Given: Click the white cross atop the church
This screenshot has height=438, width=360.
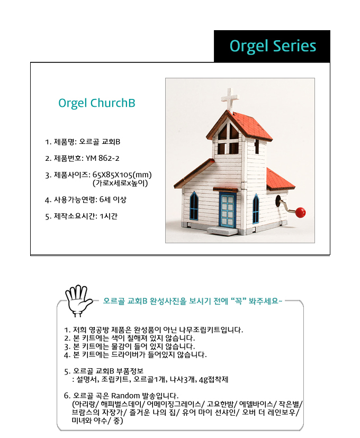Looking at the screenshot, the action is coord(230,99).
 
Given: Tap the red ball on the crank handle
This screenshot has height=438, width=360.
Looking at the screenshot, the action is coord(300,212).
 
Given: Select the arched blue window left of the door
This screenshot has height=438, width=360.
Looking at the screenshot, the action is coord(194,206).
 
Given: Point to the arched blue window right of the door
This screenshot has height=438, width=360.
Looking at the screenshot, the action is coord(256,208).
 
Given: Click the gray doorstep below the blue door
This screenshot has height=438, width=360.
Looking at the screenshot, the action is coord(222,231).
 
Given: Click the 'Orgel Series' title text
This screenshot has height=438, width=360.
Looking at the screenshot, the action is coord(273,47).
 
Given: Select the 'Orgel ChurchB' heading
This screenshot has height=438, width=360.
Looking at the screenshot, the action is coord(97,103).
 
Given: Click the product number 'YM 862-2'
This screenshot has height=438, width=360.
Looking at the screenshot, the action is coord(102,158).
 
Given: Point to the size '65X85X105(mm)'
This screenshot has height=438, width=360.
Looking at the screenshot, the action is coord(122,175).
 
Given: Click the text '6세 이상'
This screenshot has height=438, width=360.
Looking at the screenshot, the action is coord(113,199).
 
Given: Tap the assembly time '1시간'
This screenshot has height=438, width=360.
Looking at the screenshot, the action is coord(109,216).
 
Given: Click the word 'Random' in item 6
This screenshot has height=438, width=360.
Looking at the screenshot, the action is coord(125,396).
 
